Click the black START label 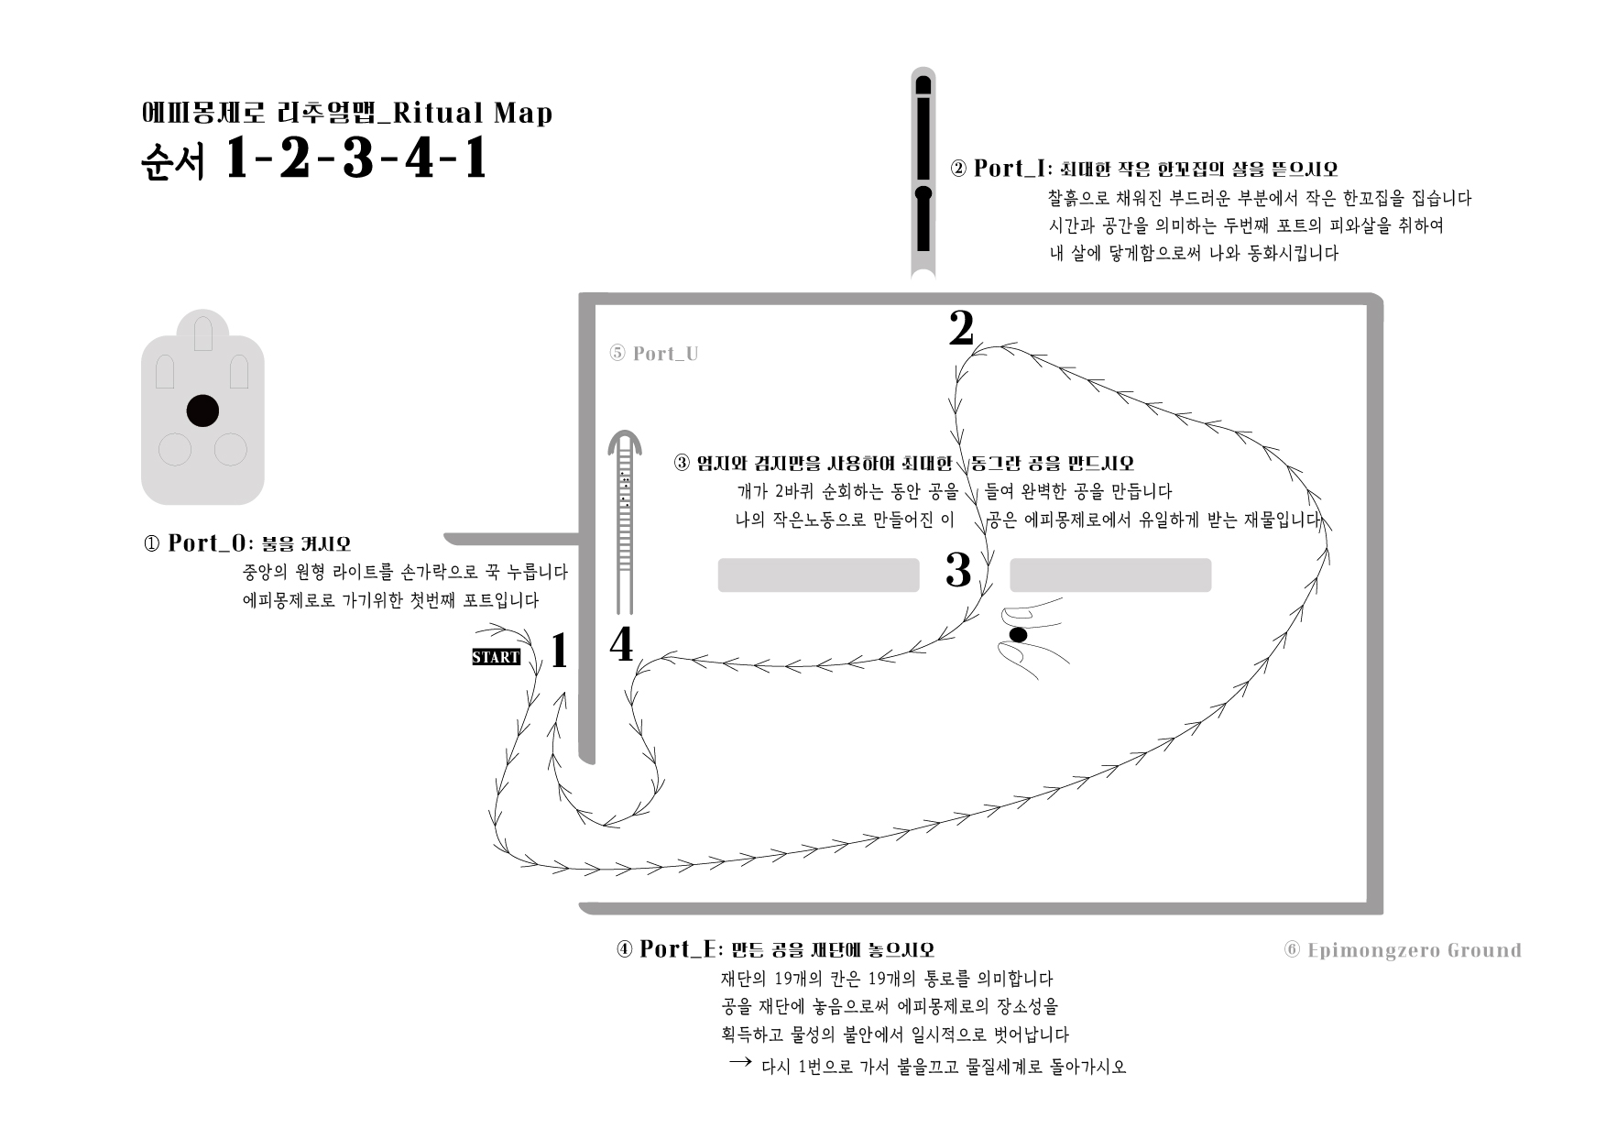point(496,657)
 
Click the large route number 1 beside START point(559,652)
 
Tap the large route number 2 point(961,328)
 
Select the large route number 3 point(958,570)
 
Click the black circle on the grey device point(202,411)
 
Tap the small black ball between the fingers point(1017,634)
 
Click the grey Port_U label point(654,354)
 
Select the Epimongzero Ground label point(1403,950)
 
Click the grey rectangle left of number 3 point(818,575)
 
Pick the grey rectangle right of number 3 point(1110,575)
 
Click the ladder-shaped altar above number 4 point(625,521)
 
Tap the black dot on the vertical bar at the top point(923,193)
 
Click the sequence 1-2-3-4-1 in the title point(355,160)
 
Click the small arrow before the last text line point(740,1061)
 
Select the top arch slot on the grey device point(202,334)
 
